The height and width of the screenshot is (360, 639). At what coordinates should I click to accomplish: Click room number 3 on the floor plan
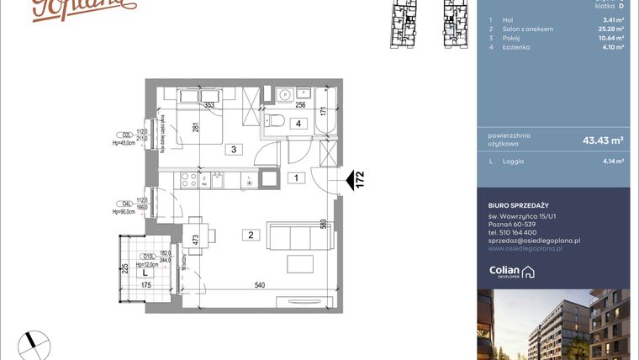[236, 151]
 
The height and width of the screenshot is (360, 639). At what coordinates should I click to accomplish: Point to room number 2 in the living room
[251, 235]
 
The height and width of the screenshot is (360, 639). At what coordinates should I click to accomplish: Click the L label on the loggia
[145, 273]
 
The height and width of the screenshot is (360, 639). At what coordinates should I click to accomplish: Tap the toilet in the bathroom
[272, 120]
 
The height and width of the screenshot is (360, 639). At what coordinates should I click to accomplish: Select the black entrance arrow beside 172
[349, 180]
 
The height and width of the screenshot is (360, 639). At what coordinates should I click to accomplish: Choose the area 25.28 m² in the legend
[610, 29]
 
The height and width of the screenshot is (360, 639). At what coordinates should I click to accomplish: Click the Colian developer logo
[511, 272]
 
